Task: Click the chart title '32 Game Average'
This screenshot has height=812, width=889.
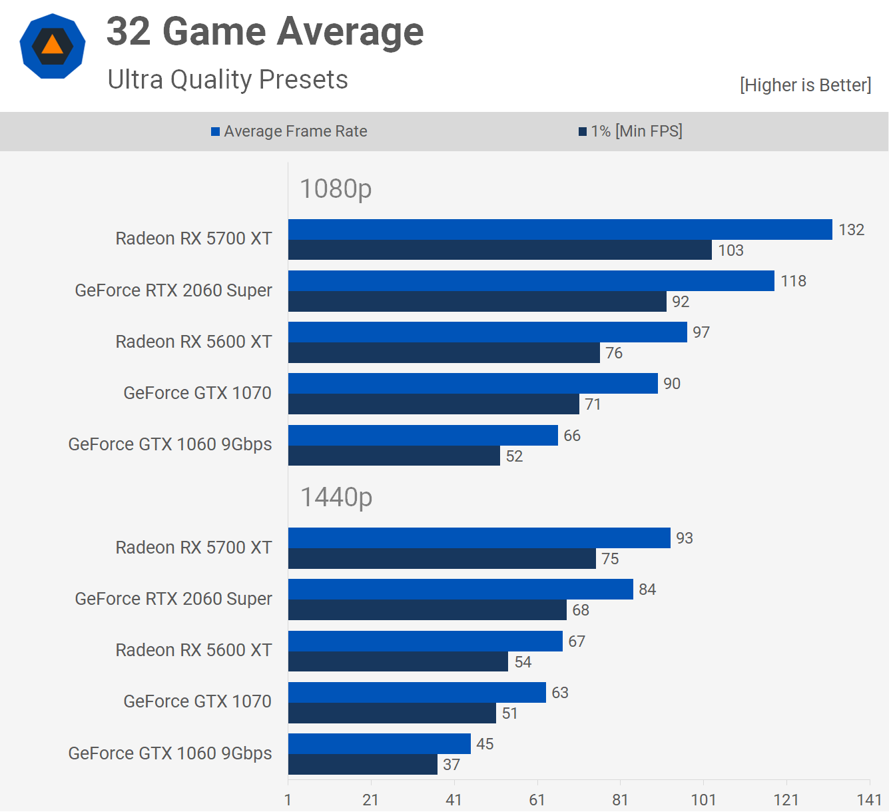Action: pos(264,32)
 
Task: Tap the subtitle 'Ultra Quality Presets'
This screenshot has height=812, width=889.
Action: pos(228,80)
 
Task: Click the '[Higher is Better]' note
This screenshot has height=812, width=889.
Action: pos(805,85)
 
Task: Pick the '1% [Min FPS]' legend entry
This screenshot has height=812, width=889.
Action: pos(631,131)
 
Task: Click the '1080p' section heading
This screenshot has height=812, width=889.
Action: pos(336,189)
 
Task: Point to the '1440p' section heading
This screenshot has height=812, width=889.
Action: pos(336,497)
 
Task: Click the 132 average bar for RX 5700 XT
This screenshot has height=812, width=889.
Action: pos(559,230)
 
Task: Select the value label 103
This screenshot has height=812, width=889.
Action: pos(731,250)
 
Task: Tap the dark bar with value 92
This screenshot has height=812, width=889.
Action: pos(477,302)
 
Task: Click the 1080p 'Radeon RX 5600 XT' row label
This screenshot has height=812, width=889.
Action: pos(194,342)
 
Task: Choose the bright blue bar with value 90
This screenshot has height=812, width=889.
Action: pos(473,384)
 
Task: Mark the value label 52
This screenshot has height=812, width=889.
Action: pos(514,456)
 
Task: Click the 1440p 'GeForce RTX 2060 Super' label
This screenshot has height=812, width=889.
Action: pos(173,599)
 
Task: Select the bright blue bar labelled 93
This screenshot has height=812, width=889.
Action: pos(479,538)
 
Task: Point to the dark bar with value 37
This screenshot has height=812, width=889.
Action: pos(363,765)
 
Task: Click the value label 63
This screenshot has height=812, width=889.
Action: pos(560,693)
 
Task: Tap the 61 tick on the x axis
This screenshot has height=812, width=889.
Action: pos(537,800)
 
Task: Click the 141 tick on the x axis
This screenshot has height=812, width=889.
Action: pos(869,800)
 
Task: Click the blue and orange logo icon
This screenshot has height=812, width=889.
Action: pos(53,46)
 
